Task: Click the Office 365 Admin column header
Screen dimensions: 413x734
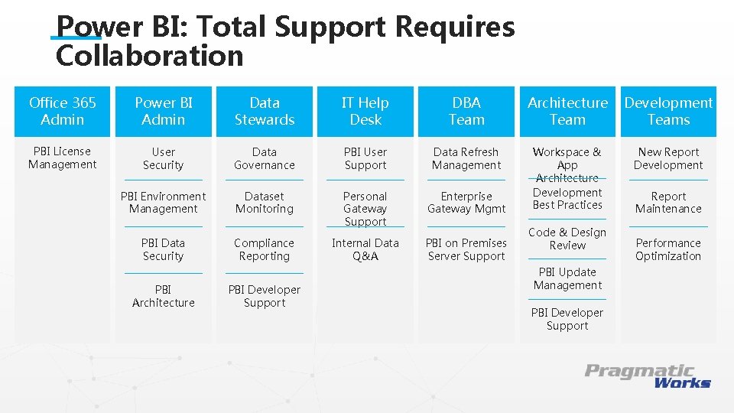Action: click(x=63, y=112)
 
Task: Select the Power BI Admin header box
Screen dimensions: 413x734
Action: click(x=164, y=112)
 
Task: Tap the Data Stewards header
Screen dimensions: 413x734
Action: click(x=265, y=112)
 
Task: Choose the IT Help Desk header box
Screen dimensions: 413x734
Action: click(x=365, y=112)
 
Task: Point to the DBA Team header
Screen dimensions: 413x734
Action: click(x=466, y=112)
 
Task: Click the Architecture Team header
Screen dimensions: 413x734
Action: click(x=567, y=112)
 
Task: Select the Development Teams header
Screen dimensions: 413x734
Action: click(x=668, y=112)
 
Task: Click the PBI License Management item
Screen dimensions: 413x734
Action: click(x=63, y=158)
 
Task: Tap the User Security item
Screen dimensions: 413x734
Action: click(x=164, y=158)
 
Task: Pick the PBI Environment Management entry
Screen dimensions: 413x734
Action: click(x=164, y=203)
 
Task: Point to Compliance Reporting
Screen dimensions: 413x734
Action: click(x=265, y=249)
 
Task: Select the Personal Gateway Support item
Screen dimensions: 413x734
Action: click(x=365, y=209)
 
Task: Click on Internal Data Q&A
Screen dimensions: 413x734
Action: click(x=365, y=249)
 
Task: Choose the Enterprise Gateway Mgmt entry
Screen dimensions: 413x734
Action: click(x=466, y=203)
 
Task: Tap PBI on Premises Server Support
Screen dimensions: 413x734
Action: click(x=466, y=249)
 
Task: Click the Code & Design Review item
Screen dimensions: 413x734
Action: click(x=567, y=239)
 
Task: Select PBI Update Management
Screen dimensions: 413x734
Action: click(x=567, y=278)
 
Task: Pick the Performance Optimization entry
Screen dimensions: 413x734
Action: click(x=668, y=249)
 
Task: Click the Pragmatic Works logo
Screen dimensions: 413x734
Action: click(x=648, y=376)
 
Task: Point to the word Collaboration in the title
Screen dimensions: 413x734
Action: click(x=150, y=56)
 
